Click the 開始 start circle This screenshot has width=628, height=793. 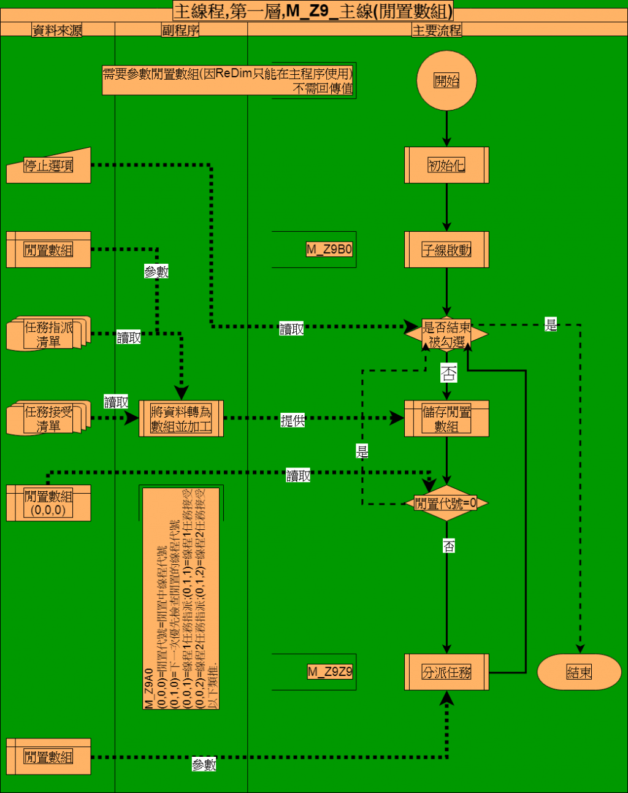pyautogui.click(x=446, y=80)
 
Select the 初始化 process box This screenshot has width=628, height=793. pyautogui.click(x=446, y=165)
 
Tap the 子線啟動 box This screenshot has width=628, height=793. pyautogui.click(x=446, y=250)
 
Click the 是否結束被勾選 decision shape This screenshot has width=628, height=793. pyautogui.click(x=446, y=335)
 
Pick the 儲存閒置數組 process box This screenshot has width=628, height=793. pyautogui.click(x=446, y=419)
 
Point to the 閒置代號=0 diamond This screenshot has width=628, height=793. pyautogui.click(x=446, y=504)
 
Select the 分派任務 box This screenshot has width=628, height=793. pyautogui.click(x=446, y=672)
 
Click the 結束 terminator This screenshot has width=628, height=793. pyautogui.click(x=579, y=672)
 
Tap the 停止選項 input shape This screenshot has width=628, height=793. pyautogui.click(x=48, y=166)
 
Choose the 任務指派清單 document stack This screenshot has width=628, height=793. pyautogui.click(x=48, y=334)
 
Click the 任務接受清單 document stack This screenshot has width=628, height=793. pyautogui.click(x=48, y=419)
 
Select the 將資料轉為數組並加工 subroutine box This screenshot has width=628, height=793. pyautogui.click(x=181, y=419)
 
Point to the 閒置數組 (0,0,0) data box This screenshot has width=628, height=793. pyautogui.click(x=48, y=503)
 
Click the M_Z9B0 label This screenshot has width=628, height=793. pyautogui.click(x=329, y=250)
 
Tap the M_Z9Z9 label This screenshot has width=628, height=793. pyautogui.click(x=330, y=672)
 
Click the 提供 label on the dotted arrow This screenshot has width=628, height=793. pyautogui.click(x=293, y=421)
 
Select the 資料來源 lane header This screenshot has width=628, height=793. pyautogui.click(x=57, y=30)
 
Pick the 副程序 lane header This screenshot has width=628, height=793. pyautogui.click(x=180, y=30)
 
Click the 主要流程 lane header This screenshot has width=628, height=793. pyautogui.click(x=437, y=30)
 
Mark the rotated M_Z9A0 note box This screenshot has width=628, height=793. pyautogui.click(x=181, y=598)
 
